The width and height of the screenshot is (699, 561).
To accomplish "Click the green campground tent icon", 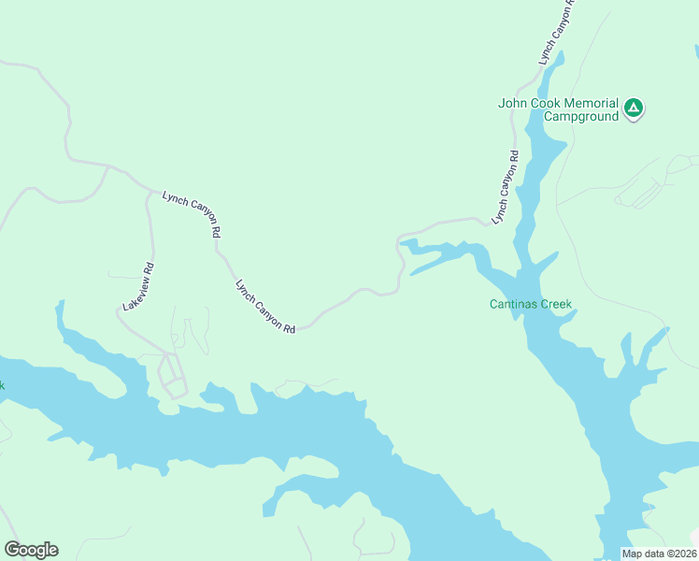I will click(x=634, y=108).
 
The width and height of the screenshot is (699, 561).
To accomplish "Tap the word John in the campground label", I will click(x=514, y=103).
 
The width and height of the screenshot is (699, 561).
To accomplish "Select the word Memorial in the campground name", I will click(x=592, y=103).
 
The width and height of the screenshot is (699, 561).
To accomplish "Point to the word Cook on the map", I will click(x=548, y=103).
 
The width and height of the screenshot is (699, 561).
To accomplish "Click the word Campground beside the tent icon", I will click(x=581, y=117).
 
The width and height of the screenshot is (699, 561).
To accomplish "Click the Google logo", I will click(x=31, y=550).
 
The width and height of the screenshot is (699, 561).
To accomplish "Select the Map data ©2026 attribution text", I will click(x=660, y=554).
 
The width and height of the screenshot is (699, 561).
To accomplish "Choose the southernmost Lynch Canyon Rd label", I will click(x=265, y=306).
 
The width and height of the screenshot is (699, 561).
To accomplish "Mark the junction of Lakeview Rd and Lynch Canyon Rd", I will click(x=150, y=192).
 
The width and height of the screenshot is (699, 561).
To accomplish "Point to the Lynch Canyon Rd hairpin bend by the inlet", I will click(x=399, y=246).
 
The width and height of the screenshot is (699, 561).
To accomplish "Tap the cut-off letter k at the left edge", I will click(x=3, y=385).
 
